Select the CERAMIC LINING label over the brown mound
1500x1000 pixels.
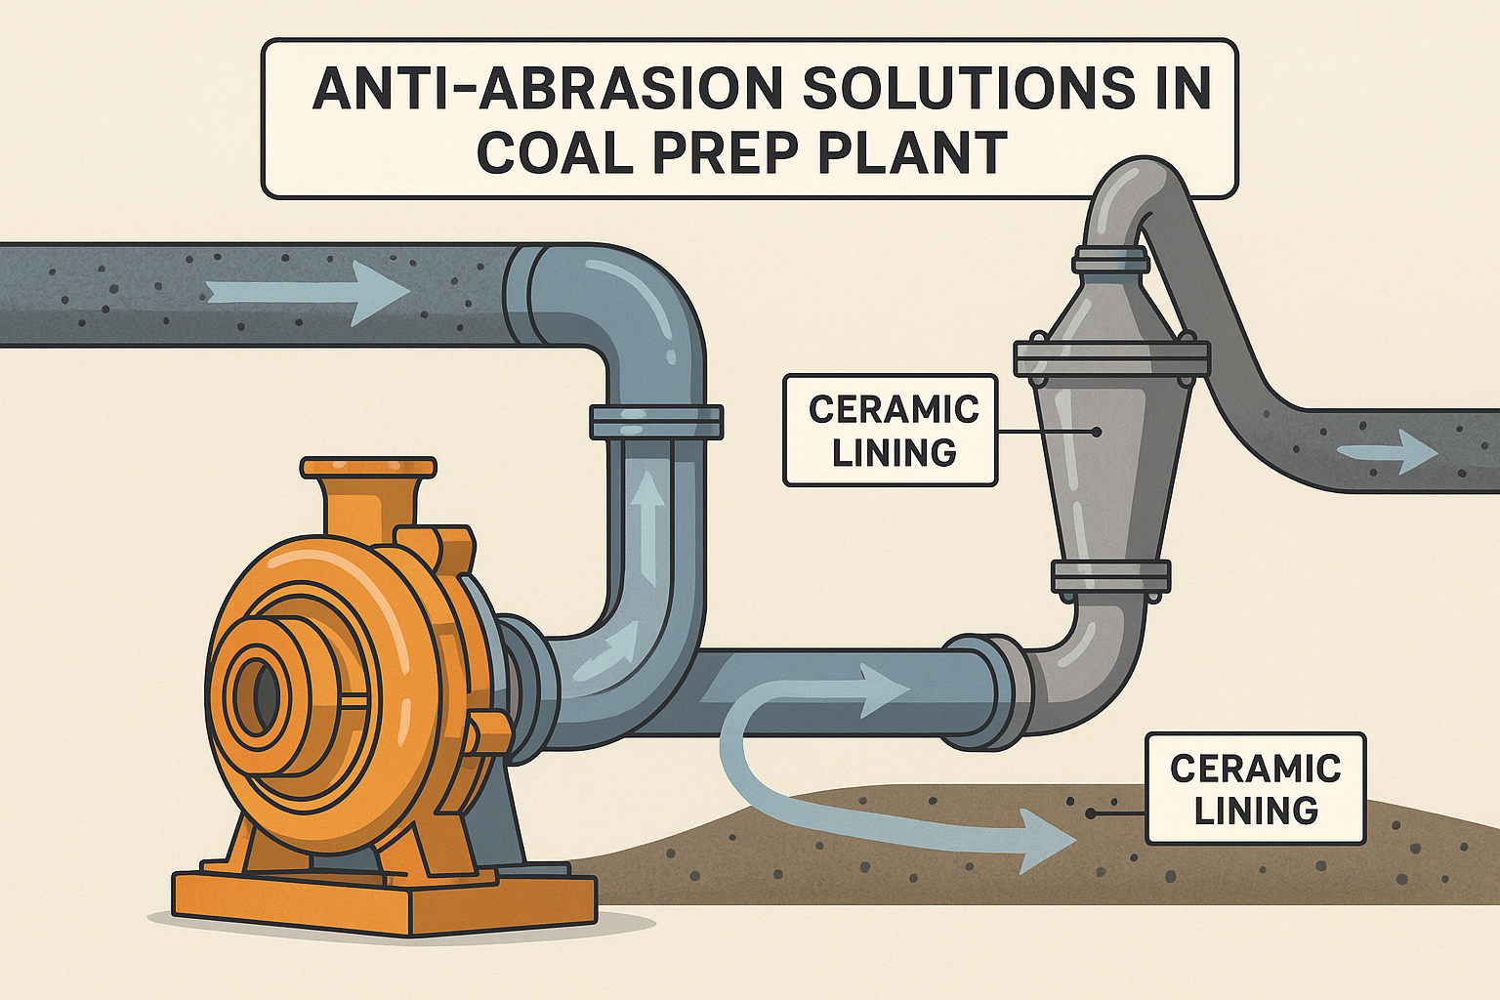pyautogui.click(x=1255, y=788)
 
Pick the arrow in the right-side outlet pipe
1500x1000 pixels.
pyautogui.click(x=1387, y=452)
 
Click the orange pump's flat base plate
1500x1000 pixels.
pyautogui.click(x=384, y=898)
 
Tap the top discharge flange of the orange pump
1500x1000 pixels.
pyautogui.click(x=368, y=468)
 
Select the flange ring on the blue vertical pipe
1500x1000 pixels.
pyautogui.click(x=655, y=422)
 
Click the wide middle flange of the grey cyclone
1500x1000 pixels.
pyautogui.click(x=1111, y=358)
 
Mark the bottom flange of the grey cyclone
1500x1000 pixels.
pyautogui.click(x=1110, y=577)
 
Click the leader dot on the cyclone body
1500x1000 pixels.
pyautogui.click(x=1097, y=431)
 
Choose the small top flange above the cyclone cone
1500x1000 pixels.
pyautogui.click(x=1110, y=261)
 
